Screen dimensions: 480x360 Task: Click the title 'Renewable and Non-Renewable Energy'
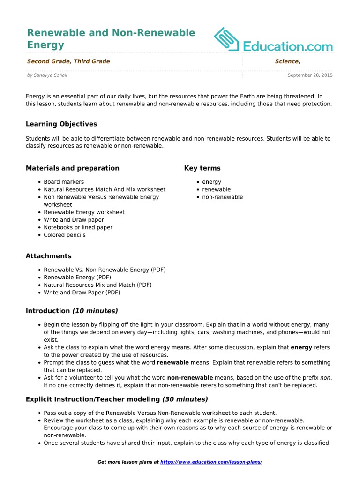111,39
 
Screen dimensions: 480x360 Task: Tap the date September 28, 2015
310,75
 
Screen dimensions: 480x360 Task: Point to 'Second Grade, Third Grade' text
68,61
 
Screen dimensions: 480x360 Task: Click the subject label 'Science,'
287,61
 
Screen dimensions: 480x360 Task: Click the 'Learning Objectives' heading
61,124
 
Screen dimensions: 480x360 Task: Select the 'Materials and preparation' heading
72,168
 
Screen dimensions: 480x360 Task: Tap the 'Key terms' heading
202,168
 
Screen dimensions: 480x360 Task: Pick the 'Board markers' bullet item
64,182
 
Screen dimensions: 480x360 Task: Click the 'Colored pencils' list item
65,235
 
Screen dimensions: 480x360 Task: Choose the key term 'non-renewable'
222,197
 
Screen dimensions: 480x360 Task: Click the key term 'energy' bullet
212,182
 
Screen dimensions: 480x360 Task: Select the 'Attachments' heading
49,256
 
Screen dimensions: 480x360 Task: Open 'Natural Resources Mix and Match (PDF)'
97,285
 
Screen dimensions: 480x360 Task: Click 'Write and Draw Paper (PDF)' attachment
82,292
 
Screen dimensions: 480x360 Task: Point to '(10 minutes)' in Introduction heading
95,311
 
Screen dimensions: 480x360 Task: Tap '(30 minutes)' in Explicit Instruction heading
185,399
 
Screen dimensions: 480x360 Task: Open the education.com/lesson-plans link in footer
211,462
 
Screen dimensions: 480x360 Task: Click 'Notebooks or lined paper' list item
78,227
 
